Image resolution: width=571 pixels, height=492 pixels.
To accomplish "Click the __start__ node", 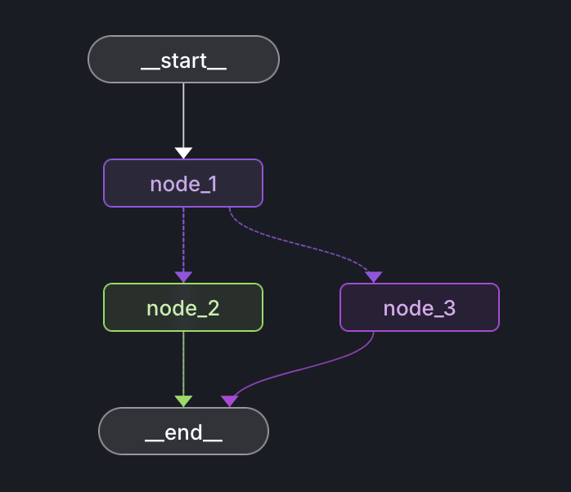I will [183, 60].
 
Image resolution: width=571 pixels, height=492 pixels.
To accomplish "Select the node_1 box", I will [183, 183].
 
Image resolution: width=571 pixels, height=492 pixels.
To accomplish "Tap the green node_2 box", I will [183, 307].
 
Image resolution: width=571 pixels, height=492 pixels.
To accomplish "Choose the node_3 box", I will [419, 307].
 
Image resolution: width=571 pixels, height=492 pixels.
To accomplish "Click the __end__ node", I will [183, 431].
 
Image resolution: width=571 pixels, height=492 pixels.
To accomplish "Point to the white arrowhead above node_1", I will [183, 153].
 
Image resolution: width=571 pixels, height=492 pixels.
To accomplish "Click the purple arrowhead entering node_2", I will [183, 277].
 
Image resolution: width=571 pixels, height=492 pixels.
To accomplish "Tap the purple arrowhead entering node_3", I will [374, 277].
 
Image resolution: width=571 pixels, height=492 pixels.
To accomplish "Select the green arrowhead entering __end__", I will [183, 400].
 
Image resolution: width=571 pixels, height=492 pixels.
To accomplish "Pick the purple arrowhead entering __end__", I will [229, 400].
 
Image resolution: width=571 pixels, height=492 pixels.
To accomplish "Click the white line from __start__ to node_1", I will [183, 114].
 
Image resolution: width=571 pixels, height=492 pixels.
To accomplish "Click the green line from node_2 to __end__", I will [183, 364].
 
